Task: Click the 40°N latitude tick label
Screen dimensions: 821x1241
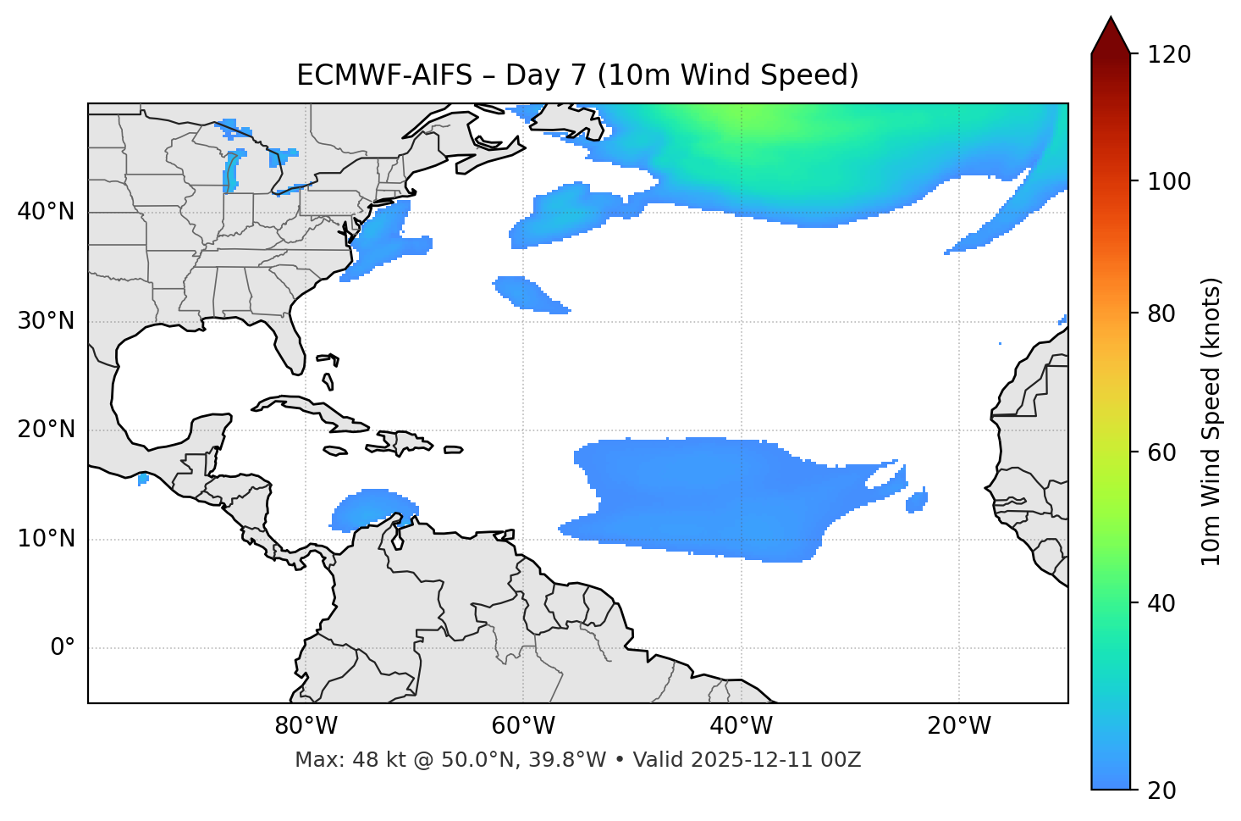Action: (46, 212)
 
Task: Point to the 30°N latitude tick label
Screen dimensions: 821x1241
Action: (46, 321)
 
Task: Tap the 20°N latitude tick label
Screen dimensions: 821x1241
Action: (46, 430)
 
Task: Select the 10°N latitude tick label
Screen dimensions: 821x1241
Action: (46, 539)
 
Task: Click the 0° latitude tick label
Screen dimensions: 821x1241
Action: (62, 648)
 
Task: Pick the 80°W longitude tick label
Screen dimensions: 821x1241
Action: (306, 726)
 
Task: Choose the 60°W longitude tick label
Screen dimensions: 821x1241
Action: (523, 726)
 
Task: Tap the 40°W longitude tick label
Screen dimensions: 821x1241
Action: (741, 726)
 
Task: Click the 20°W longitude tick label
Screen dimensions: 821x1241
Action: (959, 726)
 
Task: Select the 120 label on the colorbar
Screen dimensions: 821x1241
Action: (1169, 55)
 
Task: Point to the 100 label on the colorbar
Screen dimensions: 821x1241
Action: (1169, 181)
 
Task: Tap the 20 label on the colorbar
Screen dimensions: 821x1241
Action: (1162, 790)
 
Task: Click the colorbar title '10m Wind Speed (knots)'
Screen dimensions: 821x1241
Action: (1211, 421)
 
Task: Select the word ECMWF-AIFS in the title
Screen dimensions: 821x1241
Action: (384, 75)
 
